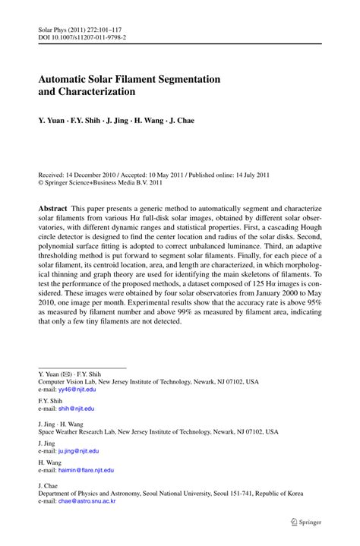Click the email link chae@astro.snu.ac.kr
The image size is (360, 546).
[x=87, y=502]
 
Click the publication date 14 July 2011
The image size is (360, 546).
[x=252, y=174]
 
